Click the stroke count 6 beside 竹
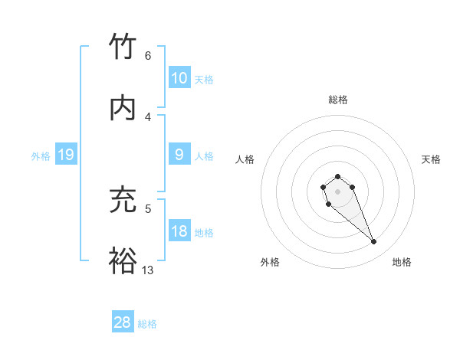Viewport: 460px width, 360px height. click(x=147, y=55)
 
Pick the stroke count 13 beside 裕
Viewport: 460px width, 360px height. click(x=148, y=270)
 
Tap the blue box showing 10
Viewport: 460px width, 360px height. click(x=179, y=78)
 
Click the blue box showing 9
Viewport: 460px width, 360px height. click(x=179, y=155)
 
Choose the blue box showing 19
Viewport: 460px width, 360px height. click(x=65, y=155)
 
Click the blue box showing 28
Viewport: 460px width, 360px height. click(x=123, y=322)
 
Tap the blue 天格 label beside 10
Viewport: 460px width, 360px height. click(x=204, y=79)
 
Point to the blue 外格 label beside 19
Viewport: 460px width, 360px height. click(x=41, y=156)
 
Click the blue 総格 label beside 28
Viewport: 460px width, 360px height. click(x=147, y=323)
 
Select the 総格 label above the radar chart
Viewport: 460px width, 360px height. click(x=338, y=100)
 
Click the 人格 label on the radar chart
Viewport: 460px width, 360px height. click(x=245, y=159)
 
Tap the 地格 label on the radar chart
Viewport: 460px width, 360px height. click(x=402, y=262)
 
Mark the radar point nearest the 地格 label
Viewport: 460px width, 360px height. click(x=374, y=242)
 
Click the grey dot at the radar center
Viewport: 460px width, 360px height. click(x=337, y=191)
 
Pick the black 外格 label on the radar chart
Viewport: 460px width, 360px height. click(x=269, y=262)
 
